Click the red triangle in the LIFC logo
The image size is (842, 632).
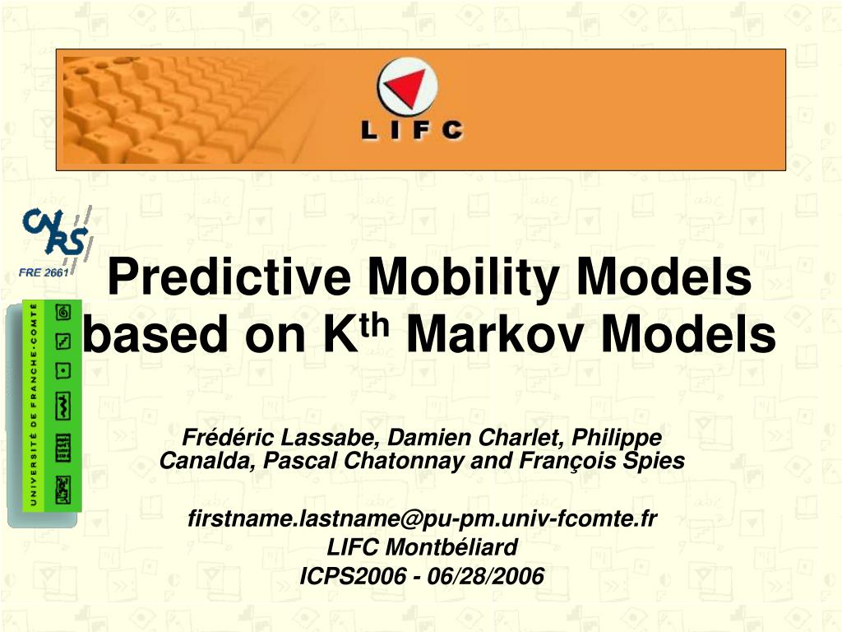[407, 87]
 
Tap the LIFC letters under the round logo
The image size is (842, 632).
[412, 131]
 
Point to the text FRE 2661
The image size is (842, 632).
[44, 272]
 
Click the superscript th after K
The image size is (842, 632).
[374, 325]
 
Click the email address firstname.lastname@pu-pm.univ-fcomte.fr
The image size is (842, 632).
[423, 519]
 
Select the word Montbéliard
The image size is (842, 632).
[451, 547]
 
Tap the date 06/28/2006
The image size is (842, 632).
[485, 576]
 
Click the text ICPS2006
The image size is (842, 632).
[353, 576]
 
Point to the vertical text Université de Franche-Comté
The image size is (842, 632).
[33, 405]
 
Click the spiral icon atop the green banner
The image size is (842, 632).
[63, 312]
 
